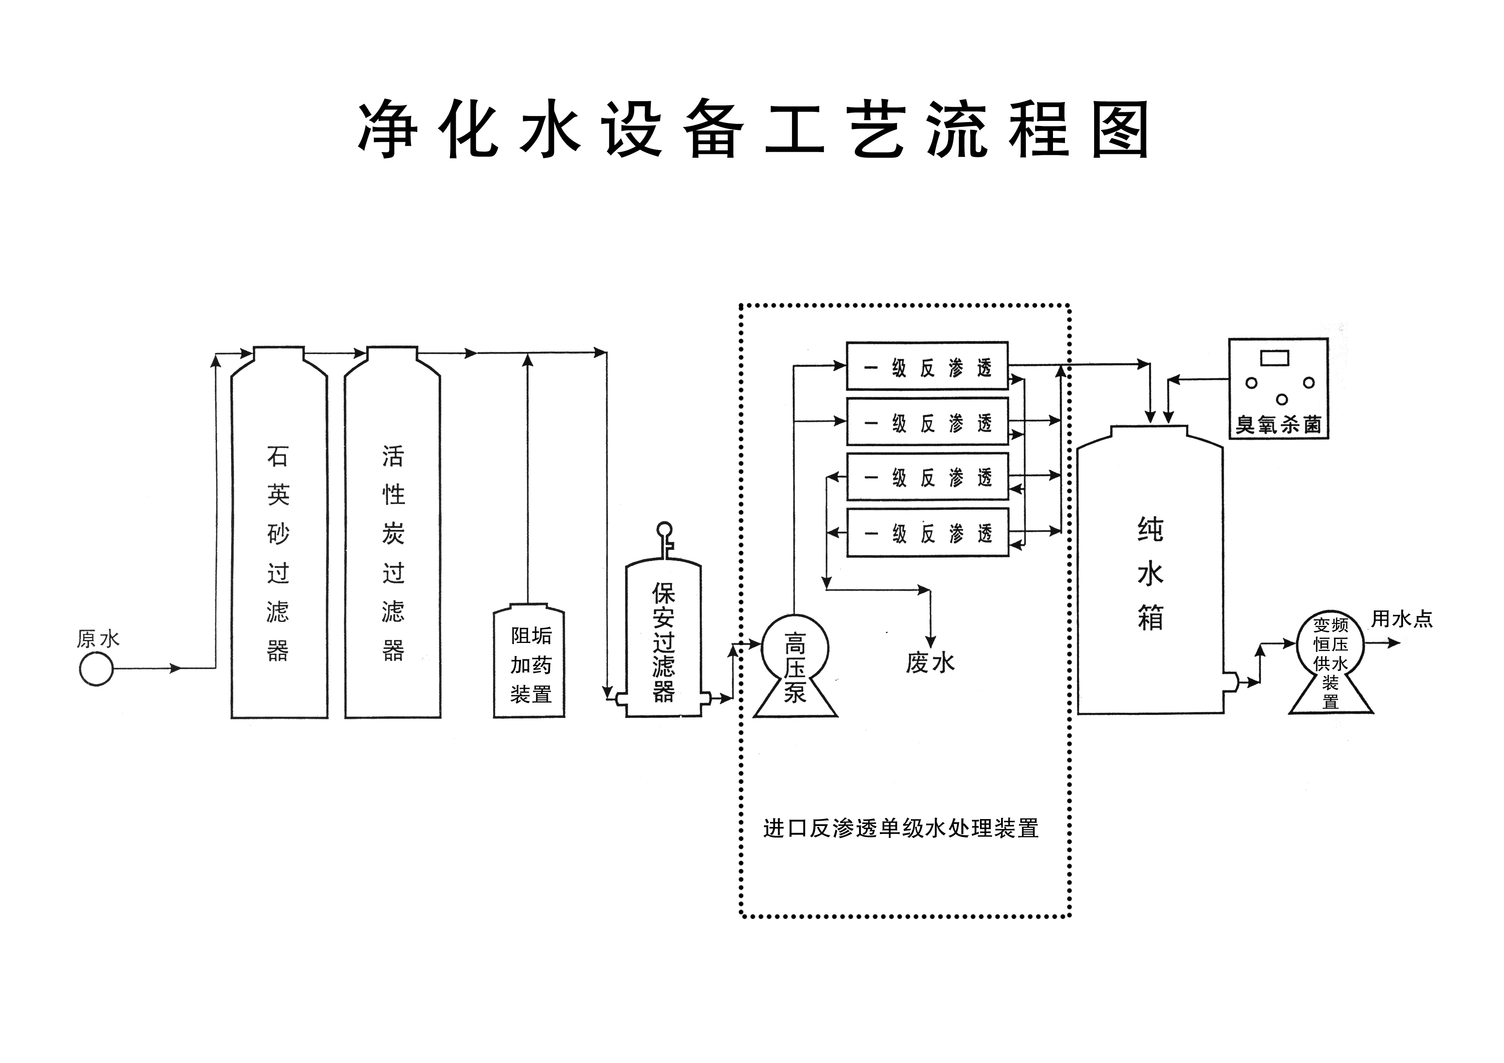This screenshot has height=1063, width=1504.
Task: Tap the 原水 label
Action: pos(98,639)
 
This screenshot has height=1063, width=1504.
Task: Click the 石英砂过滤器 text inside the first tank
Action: pos(278,553)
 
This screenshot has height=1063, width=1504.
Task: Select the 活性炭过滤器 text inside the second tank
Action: pos(393,553)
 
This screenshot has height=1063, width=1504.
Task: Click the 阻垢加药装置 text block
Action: pos(531,665)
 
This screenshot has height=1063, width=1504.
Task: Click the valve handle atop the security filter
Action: pos(664,529)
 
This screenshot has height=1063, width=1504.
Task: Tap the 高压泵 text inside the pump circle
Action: pos(794,668)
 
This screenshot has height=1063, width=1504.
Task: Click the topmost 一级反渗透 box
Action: pos(927,367)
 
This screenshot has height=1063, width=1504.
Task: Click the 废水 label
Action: pos(930,663)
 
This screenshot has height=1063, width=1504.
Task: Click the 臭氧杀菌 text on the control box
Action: pos(1278,424)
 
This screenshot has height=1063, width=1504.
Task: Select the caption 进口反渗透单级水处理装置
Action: pos(901,829)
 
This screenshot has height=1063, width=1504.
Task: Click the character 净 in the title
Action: pos(388,129)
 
